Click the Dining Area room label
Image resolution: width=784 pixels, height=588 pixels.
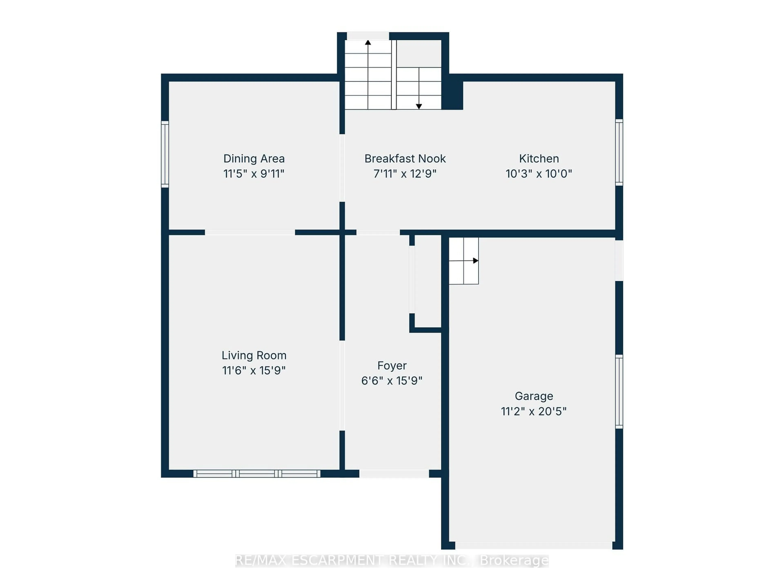point(254,158)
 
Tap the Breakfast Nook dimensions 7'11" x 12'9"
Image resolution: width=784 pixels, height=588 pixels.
point(405,174)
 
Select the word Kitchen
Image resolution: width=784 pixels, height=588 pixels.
point(539,158)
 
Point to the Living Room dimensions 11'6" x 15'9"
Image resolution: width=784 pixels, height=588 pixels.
point(254,370)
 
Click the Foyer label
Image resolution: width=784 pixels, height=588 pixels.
point(392,365)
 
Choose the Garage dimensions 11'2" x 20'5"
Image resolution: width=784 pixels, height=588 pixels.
point(533,411)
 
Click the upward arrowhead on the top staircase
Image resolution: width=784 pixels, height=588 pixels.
point(368,42)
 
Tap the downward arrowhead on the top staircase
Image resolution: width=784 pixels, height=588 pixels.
point(419,106)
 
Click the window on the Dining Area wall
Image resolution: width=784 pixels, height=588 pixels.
point(165,154)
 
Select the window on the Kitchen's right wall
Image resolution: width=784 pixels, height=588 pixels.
point(619,152)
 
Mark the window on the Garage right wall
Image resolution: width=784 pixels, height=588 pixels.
point(619,392)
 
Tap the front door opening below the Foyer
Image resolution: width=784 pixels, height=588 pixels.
point(394,473)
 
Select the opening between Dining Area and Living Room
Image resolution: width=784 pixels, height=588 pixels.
point(250,232)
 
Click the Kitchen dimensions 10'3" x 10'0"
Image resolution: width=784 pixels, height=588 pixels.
point(539,174)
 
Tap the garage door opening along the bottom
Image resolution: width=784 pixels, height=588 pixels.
point(533,546)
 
